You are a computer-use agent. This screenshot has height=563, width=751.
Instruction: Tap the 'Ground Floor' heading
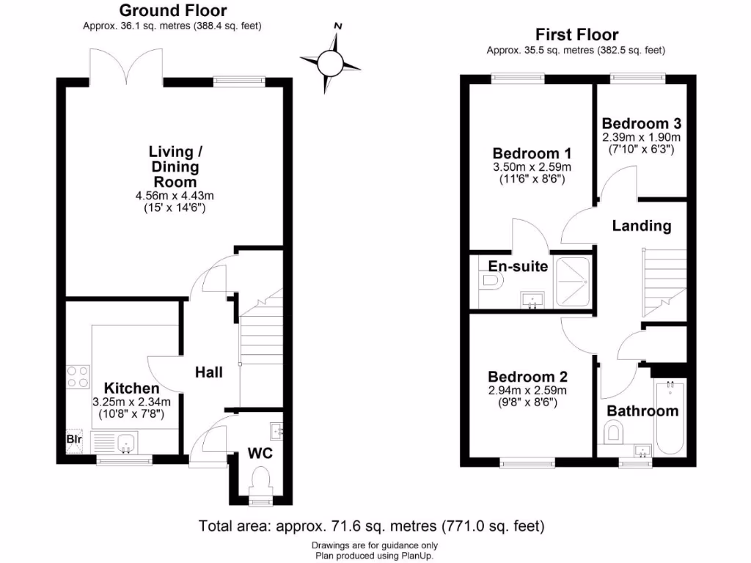point(172,10)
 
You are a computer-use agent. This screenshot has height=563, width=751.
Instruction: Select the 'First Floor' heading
point(576,34)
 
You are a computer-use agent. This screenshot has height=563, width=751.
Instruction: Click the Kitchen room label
point(131,388)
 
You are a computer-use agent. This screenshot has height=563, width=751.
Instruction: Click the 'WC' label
point(260,453)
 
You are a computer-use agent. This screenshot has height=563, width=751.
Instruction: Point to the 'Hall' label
point(208,372)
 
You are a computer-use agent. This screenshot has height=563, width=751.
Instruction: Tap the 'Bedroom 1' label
point(532,153)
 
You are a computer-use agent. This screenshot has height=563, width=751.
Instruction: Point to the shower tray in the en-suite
point(574,281)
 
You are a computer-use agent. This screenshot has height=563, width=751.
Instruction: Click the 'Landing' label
point(642,226)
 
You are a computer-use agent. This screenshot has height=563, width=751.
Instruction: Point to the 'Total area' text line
point(371,526)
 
